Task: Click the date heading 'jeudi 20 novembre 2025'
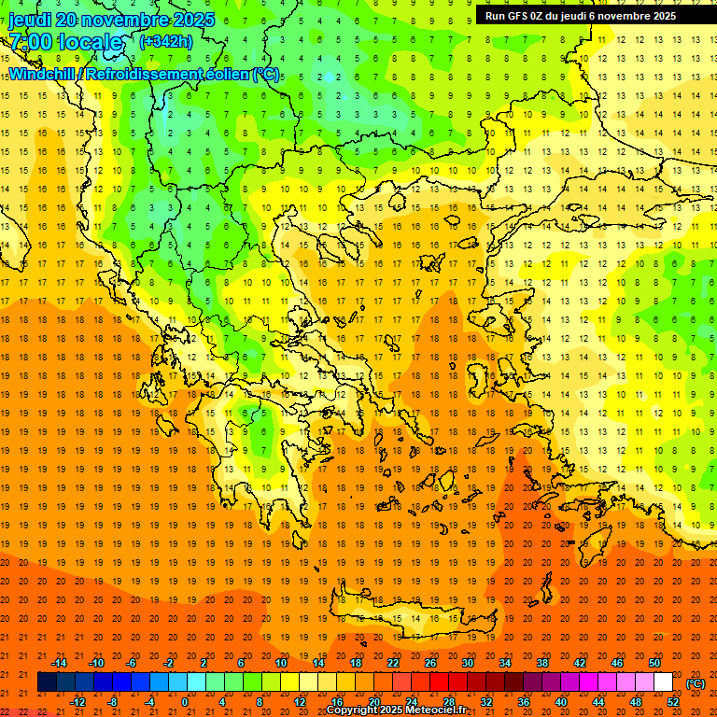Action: pyautogui.click(x=111, y=20)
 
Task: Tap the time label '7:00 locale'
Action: pyautogui.click(x=65, y=42)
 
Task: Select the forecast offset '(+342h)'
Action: pyautogui.click(x=167, y=41)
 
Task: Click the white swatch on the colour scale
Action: pyautogui.click(x=663, y=682)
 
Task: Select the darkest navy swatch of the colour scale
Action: pyautogui.click(x=47, y=682)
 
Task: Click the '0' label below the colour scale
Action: pyautogui.click(x=184, y=702)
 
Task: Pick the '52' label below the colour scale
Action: pyautogui.click(x=673, y=702)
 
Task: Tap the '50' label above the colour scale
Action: pyautogui.click(x=654, y=663)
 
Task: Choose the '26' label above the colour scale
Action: pyautogui.click(x=430, y=663)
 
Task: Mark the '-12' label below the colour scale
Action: pyautogui.click(x=77, y=702)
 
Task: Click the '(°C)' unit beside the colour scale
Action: pyautogui.click(x=696, y=683)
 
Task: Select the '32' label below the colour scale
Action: pyautogui.click(x=486, y=702)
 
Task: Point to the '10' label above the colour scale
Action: pyautogui.click(x=281, y=663)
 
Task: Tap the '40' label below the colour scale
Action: pyautogui.click(x=561, y=702)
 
